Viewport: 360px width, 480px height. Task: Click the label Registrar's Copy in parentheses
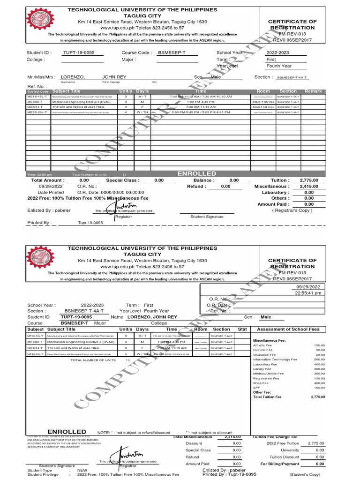[x=292, y=210]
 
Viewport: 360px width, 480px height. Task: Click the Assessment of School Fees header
[x=288, y=329]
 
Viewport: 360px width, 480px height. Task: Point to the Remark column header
[x=313, y=91]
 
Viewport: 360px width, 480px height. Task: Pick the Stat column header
[x=242, y=329]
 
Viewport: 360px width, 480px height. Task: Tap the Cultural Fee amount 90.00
[x=320, y=350]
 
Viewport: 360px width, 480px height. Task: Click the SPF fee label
[x=256, y=388]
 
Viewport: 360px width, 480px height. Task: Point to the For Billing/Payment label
[x=280, y=464]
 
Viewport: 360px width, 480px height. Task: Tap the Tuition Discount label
[x=284, y=457]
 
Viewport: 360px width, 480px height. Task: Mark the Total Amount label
[x=47, y=180]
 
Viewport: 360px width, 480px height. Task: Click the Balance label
[x=204, y=180]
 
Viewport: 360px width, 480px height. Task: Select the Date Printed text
[x=51, y=192]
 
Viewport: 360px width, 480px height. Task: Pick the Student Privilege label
[x=43, y=474]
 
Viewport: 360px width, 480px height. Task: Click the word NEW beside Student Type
[x=82, y=470]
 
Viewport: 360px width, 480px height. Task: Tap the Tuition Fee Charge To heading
[x=275, y=437]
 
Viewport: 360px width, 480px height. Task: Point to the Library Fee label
[x=262, y=369]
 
